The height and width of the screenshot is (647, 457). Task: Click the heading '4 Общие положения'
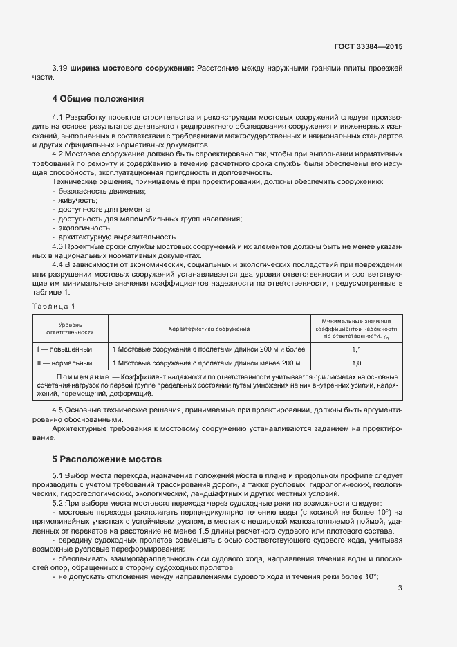(97, 98)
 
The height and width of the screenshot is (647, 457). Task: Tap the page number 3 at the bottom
(400, 588)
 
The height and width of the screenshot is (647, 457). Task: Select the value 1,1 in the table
(357, 349)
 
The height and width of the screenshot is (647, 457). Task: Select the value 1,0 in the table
(357, 363)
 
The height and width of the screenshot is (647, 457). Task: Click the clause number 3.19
(59, 69)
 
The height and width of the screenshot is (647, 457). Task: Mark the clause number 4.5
(58, 410)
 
